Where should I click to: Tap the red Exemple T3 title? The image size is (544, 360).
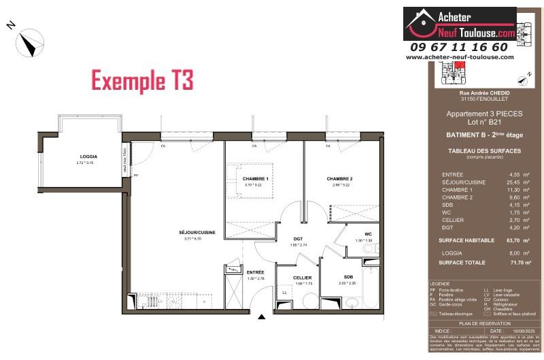pyautogui.click(x=142, y=80)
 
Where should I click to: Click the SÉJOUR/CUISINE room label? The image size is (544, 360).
pyautogui.click(x=197, y=233)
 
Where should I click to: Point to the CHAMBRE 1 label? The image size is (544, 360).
pyautogui.click(x=256, y=178)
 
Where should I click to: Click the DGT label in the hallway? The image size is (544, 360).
pyautogui.click(x=298, y=239)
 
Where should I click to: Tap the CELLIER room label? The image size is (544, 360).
pyautogui.click(x=303, y=278)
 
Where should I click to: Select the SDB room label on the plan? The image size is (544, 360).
pyautogui.click(x=348, y=277)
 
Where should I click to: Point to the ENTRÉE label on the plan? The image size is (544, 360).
pyautogui.click(x=256, y=272)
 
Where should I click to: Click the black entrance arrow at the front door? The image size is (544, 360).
pyautogui.click(x=261, y=316)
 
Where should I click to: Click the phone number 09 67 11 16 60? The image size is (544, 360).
pyautogui.click(x=459, y=47)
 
